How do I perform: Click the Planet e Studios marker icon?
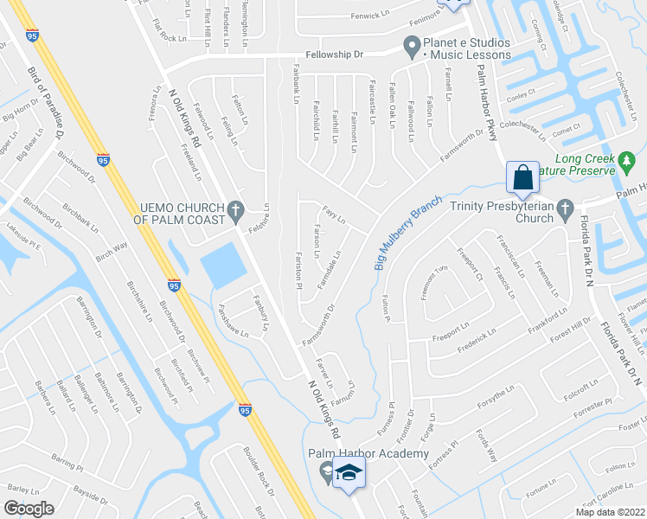click(412, 42)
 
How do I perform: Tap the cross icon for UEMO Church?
click(234, 210)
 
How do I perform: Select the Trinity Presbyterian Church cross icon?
click(566, 208)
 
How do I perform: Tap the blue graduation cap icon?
click(349, 472)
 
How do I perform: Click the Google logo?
click(28, 509)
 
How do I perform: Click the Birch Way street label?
click(112, 252)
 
